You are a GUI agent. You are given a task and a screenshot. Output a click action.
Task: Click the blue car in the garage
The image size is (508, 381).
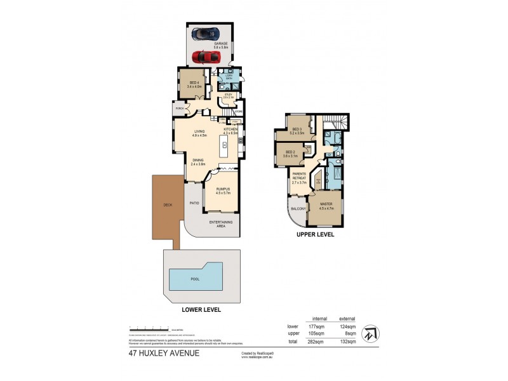[x=207, y=33]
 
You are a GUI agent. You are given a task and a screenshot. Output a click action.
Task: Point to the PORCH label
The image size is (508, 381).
[x=180, y=109]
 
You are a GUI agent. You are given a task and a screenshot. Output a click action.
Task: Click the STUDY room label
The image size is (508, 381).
[x=228, y=96]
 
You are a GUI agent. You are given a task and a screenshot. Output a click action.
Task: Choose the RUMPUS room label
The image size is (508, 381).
[x=221, y=190]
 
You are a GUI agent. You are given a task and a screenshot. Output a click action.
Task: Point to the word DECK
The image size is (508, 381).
[x=168, y=205]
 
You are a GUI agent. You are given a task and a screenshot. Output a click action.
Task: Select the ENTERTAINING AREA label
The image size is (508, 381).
[x=222, y=223]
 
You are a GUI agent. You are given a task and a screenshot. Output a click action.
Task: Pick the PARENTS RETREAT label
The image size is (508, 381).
[x=299, y=178]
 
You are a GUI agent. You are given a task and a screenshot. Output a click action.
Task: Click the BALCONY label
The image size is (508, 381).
[x=298, y=208]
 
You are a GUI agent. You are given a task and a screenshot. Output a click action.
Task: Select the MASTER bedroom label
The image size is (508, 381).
[x=326, y=205]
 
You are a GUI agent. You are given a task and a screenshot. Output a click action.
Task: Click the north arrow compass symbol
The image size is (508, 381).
[x=370, y=334]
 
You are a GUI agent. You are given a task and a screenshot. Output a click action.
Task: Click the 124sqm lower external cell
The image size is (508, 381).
[x=347, y=326]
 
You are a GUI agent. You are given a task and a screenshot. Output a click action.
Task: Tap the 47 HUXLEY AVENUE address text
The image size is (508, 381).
[x=164, y=353]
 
